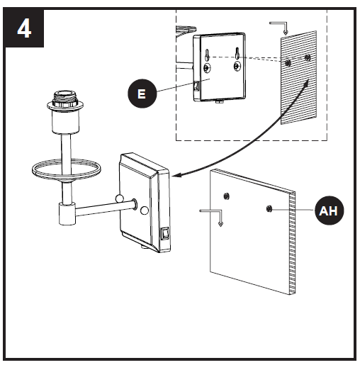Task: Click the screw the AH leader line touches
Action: coord(269,208)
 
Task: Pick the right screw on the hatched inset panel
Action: coord(306,57)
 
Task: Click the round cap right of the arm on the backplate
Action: coord(144,209)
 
